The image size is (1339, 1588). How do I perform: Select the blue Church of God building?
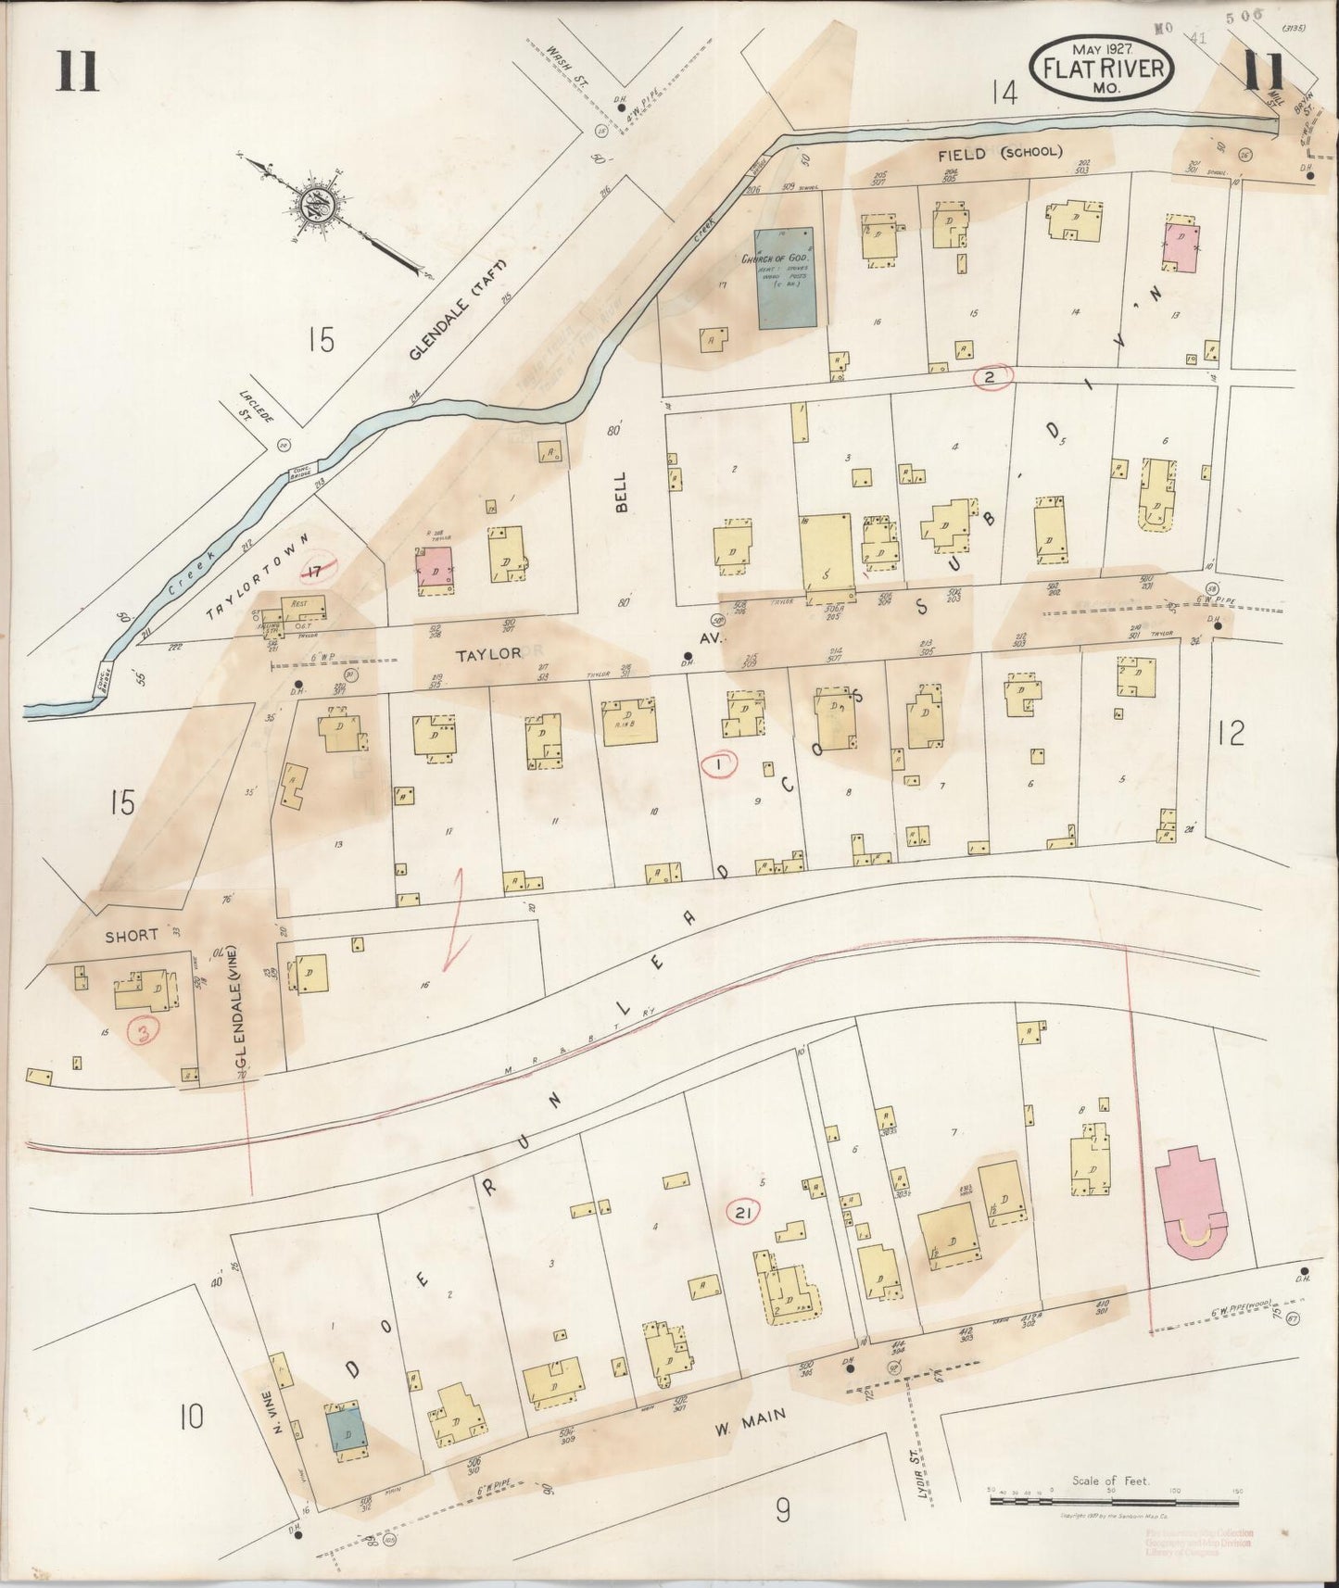[787, 279]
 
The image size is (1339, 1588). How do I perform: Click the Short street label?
[131, 935]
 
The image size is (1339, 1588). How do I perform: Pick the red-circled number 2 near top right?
[992, 375]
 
